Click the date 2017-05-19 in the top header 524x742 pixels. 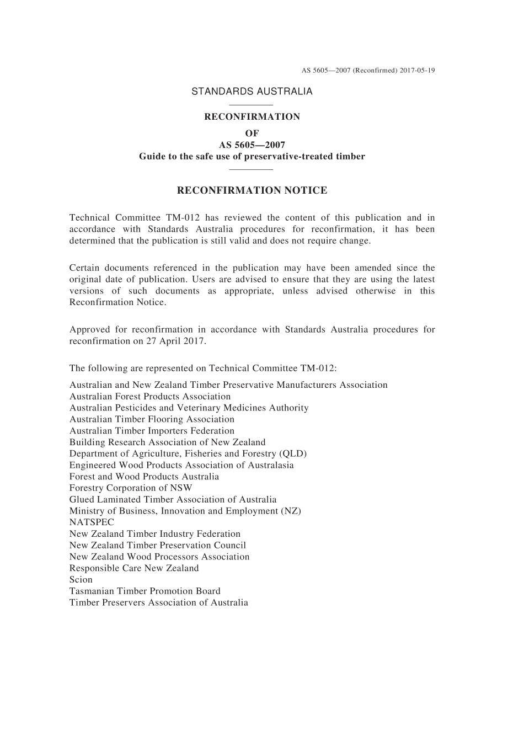pyautogui.click(x=417, y=71)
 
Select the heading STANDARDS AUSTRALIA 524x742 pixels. pyautogui.click(x=252, y=92)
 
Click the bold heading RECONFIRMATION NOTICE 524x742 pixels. pyautogui.click(x=252, y=191)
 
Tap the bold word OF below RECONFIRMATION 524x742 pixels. pyautogui.click(x=252, y=133)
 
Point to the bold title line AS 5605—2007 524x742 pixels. pyautogui.click(x=252, y=145)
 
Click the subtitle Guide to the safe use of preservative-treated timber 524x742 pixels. pyautogui.click(x=252, y=157)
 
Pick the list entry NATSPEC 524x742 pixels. pyautogui.click(x=92, y=522)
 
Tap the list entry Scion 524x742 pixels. pyautogui.click(x=81, y=580)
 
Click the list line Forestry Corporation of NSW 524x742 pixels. pyautogui.click(x=131, y=488)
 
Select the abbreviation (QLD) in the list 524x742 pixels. pyautogui.click(x=293, y=453)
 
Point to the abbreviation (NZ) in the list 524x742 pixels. pyautogui.click(x=291, y=511)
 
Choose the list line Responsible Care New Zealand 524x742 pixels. pyautogui.click(x=134, y=568)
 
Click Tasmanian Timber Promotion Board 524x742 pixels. pyautogui.click(x=145, y=591)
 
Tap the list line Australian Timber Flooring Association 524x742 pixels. pyautogui.click(x=152, y=419)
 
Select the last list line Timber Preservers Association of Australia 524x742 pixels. pyautogui.click(x=158, y=603)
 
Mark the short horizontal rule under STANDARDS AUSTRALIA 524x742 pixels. pyautogui.click(x=252, y=104)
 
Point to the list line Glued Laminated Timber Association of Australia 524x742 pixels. pyautogui.click(x=173, y=500)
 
